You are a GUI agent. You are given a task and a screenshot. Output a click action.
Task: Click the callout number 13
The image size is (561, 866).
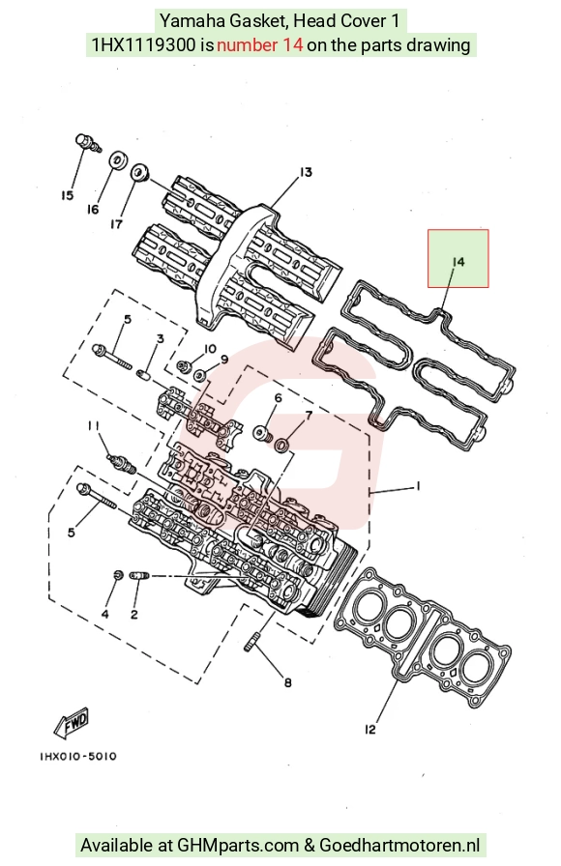point(306,172)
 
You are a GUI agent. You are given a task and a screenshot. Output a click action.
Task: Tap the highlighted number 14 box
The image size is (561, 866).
point(458,258)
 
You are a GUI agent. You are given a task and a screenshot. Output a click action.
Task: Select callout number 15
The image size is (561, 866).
point(67,195)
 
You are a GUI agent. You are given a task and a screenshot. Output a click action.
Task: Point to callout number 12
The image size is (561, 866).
point(369,730)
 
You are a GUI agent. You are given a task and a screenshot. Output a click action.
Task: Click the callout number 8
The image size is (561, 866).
point(288,683)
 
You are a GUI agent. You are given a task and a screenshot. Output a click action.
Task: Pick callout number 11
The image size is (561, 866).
point(93,425)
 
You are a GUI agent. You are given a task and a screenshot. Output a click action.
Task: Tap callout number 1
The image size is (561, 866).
point(418,486)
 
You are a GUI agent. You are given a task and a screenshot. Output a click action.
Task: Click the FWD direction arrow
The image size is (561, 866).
point(71,722)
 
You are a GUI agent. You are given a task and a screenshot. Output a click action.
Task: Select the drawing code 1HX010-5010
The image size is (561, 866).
point(78,756)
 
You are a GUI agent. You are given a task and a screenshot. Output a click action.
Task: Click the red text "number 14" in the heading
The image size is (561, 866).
point(260,44)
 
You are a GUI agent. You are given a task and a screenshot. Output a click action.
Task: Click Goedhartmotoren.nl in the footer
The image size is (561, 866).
point(399,845)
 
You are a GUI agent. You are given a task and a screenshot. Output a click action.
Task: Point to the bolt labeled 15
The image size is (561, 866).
point(88,141)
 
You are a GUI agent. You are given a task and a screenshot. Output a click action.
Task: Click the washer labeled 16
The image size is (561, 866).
point(118,160)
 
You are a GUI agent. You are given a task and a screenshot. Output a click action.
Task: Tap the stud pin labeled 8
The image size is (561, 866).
point(251,643)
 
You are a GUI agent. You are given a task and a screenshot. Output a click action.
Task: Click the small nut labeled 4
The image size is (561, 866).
point(118,575)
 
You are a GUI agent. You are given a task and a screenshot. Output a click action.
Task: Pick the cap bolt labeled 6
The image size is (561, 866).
point(261,433)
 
